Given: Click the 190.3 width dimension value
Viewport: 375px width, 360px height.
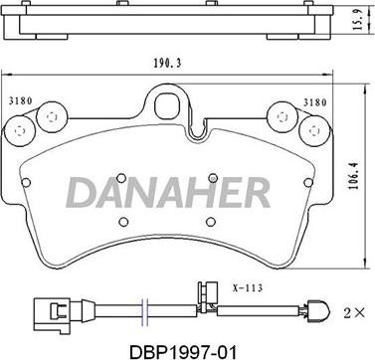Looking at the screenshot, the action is pyautogui.click(x=167, y=64).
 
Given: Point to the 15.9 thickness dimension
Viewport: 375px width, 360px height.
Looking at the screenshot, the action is pyautogui.click(x=358, y=20).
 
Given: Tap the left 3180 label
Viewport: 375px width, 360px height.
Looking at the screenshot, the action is pyautogui.click(x=20, y=101).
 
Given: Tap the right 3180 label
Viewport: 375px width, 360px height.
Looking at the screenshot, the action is pyautogui.click(x=314, y=102).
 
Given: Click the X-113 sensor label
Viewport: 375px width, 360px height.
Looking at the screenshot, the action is pyautogui.click(x=248, y=287).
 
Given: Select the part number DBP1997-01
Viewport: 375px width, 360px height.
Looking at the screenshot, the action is pyautogui.click(x=183, y=351).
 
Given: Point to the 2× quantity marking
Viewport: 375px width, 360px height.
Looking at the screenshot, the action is pyautogui.click(x=354, y=313).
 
